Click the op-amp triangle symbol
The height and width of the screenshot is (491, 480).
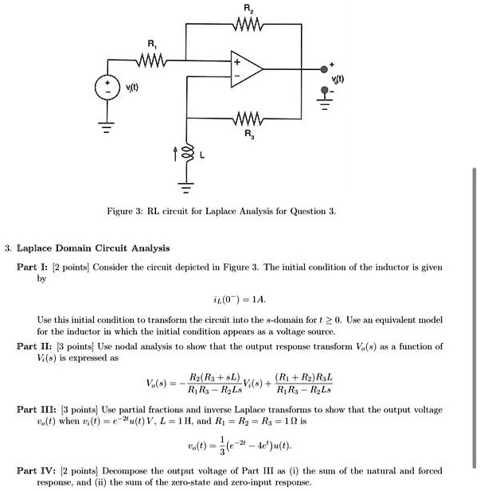pyautogui.click(x=247, y=70)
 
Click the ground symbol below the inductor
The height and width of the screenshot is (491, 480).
pyautogui.click(x=188, y=190)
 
